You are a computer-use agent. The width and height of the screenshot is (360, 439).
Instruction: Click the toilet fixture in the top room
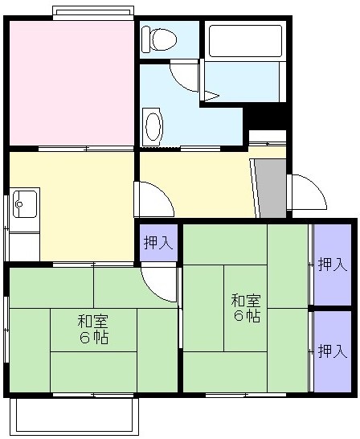pyautogui.click(x=159, y=38)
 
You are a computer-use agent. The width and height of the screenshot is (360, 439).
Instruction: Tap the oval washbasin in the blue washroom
pyautogui.click(x=153, y=126)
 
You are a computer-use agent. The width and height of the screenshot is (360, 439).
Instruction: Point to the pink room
pyautogui.click(x=71, y=83)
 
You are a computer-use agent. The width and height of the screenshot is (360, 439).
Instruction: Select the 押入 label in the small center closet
pyautogui.click(x=157, y=241)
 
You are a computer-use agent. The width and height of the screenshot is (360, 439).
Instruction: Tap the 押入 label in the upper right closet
pyautogui.click(x=332, y=264)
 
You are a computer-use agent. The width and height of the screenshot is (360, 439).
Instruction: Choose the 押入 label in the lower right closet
pyautogui.click(x=332, y=351)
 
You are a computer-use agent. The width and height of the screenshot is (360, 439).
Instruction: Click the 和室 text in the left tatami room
pyautogui.click(x=93, y=321)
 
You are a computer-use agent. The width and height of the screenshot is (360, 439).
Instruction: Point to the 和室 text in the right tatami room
pyautogui.click(x=246, y=301)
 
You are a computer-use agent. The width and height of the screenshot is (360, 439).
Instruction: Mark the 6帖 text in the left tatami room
pyautogui.click(x=93, y=338)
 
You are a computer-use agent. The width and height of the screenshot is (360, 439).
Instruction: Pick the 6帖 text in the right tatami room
pyautogui.click(x=246, y=317)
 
